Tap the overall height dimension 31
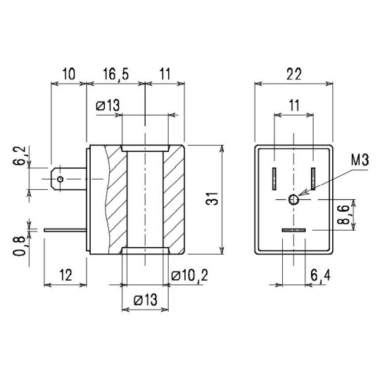tap(209, 201)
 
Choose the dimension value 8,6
tap(343, 215)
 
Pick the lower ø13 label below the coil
tap(144, 300)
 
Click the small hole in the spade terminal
tap(63, 179)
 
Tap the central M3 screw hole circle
tap(293, 201)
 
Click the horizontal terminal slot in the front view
tap(293, 231)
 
